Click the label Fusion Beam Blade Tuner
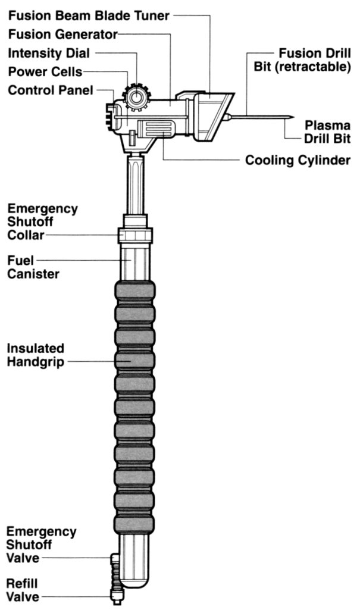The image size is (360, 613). pyautogui.click(x=89, y=16)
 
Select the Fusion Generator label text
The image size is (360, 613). pyautogui.click(x=62, y=35)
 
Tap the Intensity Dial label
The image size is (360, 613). pyautogui.click(x=49, y=53)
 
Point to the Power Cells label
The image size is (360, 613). pyautogui.click(x=45, y=71)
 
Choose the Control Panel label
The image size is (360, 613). pyautogui.click(x=51, y=90)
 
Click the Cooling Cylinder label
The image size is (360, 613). pyautogui.click(x=298, y=160)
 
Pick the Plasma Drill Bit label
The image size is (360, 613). pyautogui.click(x=327, y=133)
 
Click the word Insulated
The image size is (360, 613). pyautogui.click(x=35, y=348)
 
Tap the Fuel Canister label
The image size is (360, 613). pyautogui.click(x=33, y=267)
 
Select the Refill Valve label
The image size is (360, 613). pyautogui.click(x=23, y=590)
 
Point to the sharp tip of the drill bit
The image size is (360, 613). pyautogui.click(x=293, y=116)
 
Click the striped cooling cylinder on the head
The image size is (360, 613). pyautogui.click(x=156, y=129)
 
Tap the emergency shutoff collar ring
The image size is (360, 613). pyautogui.click(x=135, y=236)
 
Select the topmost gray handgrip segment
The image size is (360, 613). pyautogui.click(x=135, y=290)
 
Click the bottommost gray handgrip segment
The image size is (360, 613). pyautogui.click(x=134, y=523)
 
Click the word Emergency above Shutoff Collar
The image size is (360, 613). pyautogui.click(x=42, y=209)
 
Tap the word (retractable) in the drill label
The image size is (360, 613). pyautogui.click(x=302, y=66)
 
